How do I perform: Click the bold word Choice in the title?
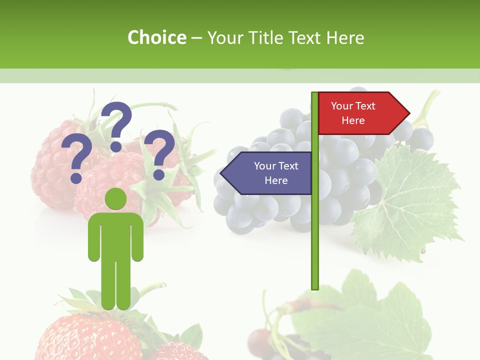tap(156, 37)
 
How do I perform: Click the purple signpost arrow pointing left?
tap(267, 173)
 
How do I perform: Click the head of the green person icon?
tap(116, 199)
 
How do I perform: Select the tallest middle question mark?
tap(116, 125)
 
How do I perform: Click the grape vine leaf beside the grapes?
tap(410, 205)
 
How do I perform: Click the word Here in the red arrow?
tap(353, 120)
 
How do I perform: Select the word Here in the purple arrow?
tap(276, 180)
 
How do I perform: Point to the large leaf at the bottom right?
tap(370, 315)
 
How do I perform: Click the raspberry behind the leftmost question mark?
tap(50, 170)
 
